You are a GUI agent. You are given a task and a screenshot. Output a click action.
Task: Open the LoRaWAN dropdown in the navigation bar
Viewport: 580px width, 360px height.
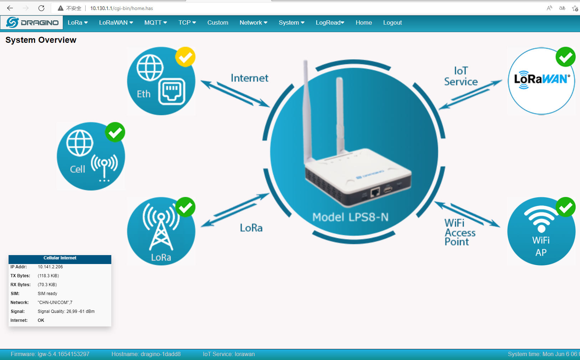[x=116, y=22]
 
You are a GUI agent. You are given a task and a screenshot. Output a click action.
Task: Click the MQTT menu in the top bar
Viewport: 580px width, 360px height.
[x=156, y=22]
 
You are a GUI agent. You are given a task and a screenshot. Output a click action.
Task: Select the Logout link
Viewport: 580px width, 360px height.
[x=392, y=22]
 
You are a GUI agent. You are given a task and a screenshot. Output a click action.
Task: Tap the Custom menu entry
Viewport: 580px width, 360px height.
[x=218, y=22]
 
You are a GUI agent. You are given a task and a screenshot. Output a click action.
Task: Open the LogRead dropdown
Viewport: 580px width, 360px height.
[x=330, y=22]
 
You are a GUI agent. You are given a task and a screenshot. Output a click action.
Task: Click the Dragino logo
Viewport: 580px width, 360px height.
[x=32, y=22]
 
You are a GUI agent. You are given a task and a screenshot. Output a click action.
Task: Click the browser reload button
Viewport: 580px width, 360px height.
[x=41, y=8]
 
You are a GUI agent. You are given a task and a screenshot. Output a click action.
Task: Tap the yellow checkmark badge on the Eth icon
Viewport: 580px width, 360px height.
[x=185, y=57]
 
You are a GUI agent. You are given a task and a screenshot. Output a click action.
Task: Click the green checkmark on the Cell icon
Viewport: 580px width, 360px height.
[x=115, y=132]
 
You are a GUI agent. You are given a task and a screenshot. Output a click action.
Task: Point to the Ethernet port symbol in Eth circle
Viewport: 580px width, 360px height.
[x=172, y=92]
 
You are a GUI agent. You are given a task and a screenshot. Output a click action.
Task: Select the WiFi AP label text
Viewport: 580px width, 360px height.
[x=541, y=246]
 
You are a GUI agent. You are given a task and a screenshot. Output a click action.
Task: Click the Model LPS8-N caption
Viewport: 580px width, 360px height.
[x=350, y=217]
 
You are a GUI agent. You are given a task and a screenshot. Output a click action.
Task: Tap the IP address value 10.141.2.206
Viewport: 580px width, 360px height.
[x=50, y=267]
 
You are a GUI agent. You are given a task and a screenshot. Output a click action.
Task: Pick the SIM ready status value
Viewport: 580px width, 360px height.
[x=47, y=293]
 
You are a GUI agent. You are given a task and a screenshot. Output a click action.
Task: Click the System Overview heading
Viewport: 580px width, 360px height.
[x=41, y=40]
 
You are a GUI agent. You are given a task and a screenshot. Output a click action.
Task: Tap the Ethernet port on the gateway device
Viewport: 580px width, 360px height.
[x=375, y=192]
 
